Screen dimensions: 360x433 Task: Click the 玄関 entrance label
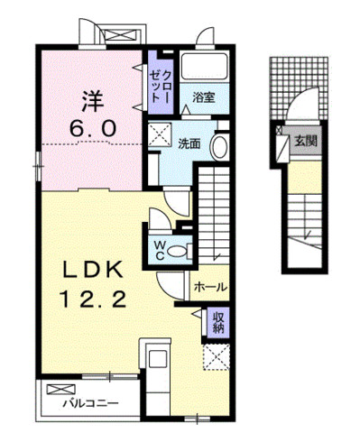[x=306, y=141]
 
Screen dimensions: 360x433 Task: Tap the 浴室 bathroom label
[x=204, y=97]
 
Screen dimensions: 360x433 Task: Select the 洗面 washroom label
[x=189, y=144]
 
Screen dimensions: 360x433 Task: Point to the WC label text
[x=159, y=251]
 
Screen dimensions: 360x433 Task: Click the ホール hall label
[x=210, y=287]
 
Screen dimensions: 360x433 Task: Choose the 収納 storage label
[x=218, y=322]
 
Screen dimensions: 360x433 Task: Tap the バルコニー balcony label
[x=90, y=403]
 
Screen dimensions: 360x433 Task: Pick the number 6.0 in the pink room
[x=93, y=128]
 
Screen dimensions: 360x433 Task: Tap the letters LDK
[x=93, y=269]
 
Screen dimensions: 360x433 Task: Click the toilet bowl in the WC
[x=177, y=251]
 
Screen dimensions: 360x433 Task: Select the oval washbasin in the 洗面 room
[x=219, y=147]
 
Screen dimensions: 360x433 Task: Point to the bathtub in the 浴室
[x=205, y=67]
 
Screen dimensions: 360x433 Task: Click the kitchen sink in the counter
[x=158, y=358]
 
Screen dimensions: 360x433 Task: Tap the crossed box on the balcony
[x=60, y=390]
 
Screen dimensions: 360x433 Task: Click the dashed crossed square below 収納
[x=217, y=357]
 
